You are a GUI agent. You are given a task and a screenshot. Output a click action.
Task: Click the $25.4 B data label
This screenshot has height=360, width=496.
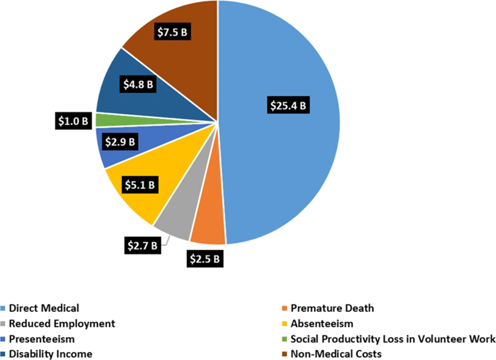coord(288,107)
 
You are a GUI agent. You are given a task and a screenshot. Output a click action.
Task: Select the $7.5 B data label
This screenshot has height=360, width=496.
coord(172,33)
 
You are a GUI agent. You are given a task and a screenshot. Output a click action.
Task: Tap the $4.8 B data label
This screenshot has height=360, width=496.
coord(138,84)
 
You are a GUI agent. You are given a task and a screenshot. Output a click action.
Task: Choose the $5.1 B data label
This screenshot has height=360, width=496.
coord(138,184)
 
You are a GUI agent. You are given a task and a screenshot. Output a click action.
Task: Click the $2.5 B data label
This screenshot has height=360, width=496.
coord(205,259)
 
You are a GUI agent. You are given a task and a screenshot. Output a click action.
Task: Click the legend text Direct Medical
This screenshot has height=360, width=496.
coord(44,308)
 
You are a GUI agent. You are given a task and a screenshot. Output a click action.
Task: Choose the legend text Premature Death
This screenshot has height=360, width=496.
coord(332,308)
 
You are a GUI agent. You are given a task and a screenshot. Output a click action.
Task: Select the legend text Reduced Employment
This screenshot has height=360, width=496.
coord(62,324)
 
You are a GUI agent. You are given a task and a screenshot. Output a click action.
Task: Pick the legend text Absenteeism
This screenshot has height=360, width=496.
coord(322,324)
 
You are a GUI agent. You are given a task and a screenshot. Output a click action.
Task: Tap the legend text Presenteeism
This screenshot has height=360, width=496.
coord(42,339)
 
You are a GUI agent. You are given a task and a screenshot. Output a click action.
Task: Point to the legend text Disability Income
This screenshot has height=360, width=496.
coord(51,354)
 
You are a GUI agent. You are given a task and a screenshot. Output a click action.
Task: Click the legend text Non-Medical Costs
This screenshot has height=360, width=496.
coord(336,354)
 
